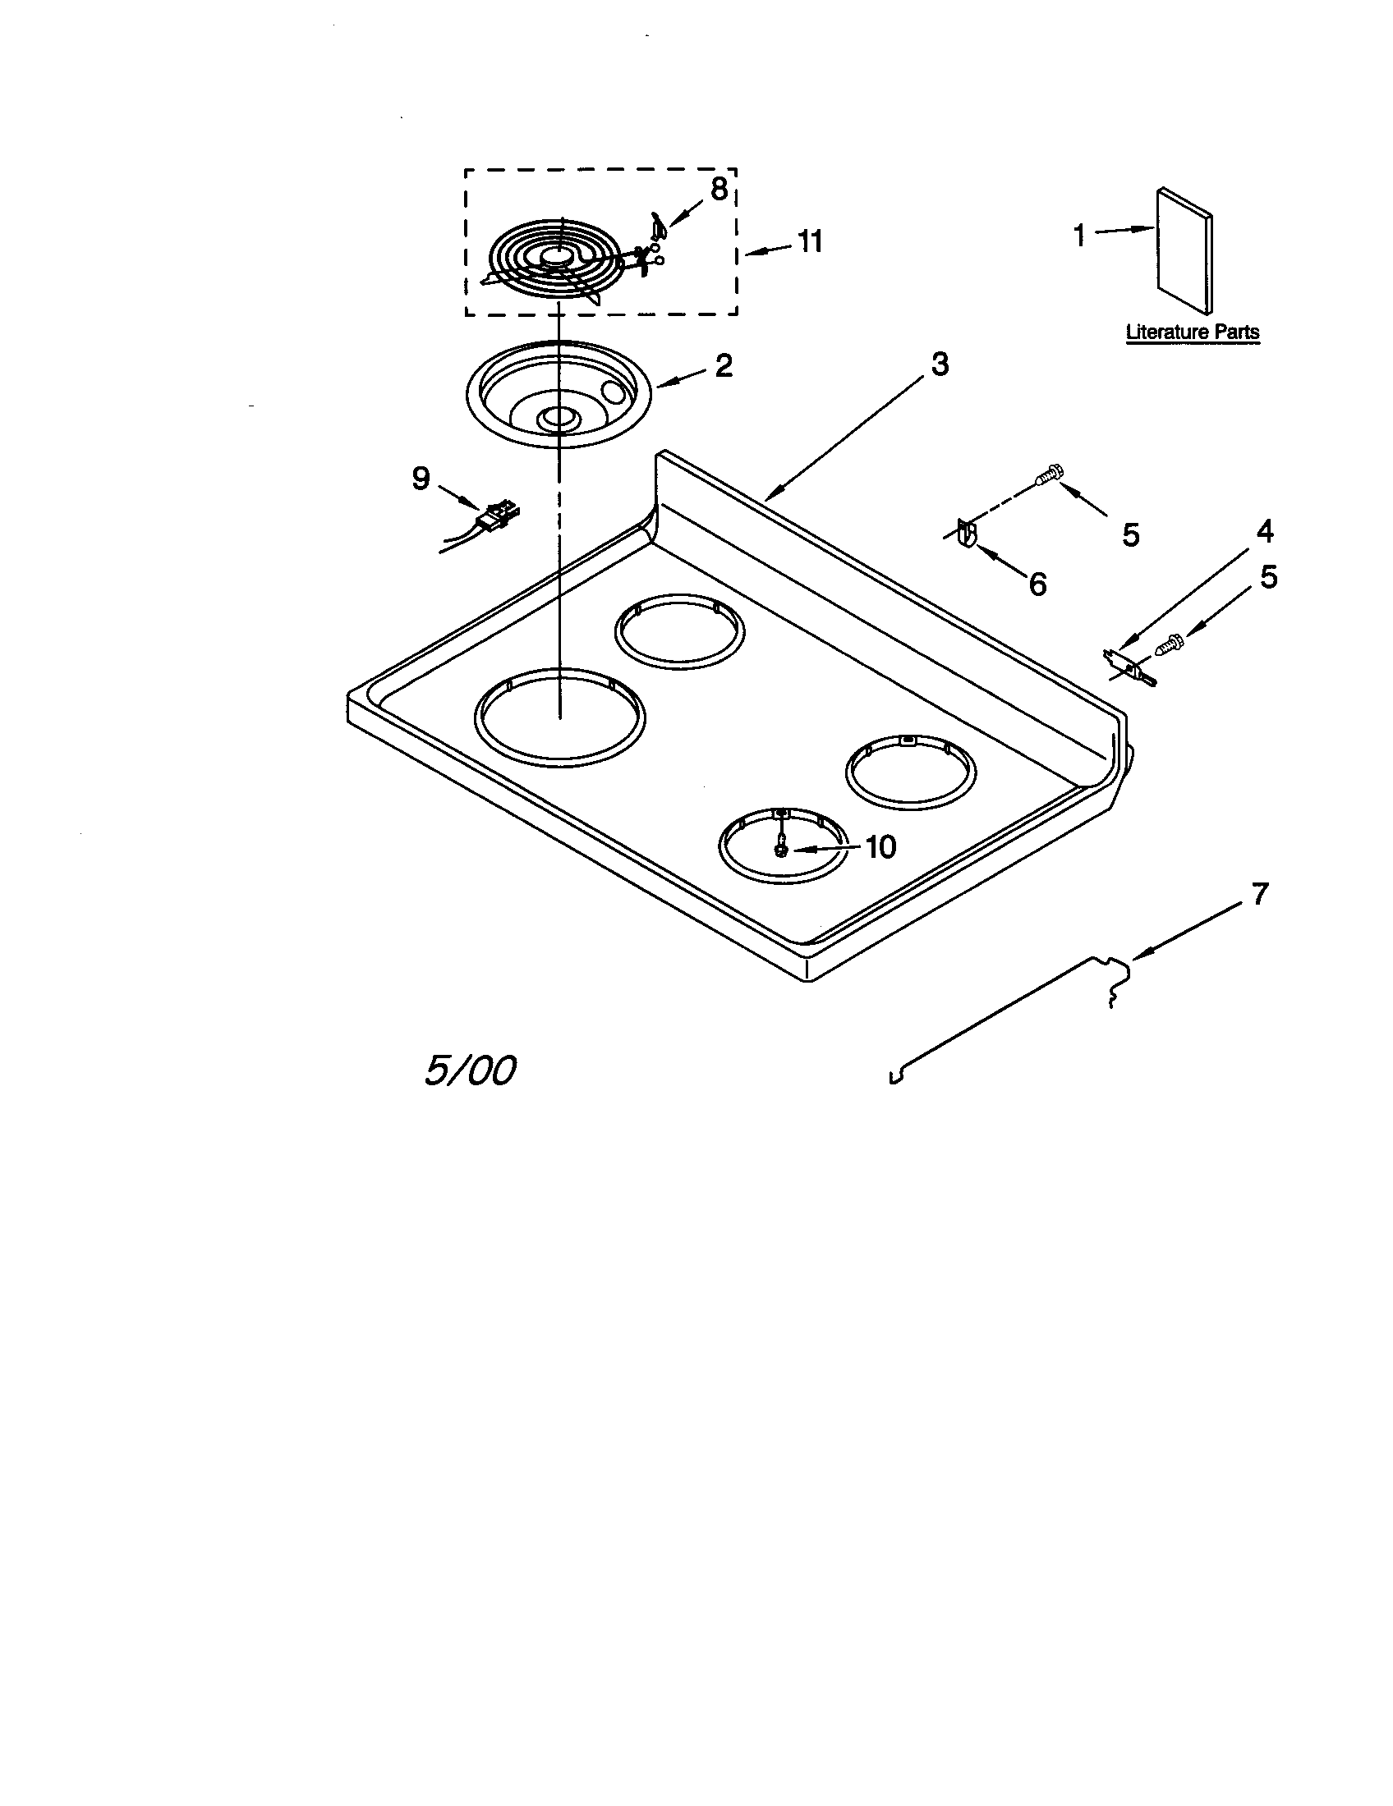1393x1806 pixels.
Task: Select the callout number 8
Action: [719, 189]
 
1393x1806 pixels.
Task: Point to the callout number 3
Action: [940, 364]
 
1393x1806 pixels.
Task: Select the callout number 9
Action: [421, 479]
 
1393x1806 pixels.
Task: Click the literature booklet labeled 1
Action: [1184, 251]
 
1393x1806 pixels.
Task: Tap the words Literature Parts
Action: [1192, 332]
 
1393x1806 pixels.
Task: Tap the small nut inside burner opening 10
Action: [780, 849]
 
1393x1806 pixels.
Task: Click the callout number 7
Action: [1259, 894]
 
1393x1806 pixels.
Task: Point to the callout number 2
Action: [723, 365]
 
